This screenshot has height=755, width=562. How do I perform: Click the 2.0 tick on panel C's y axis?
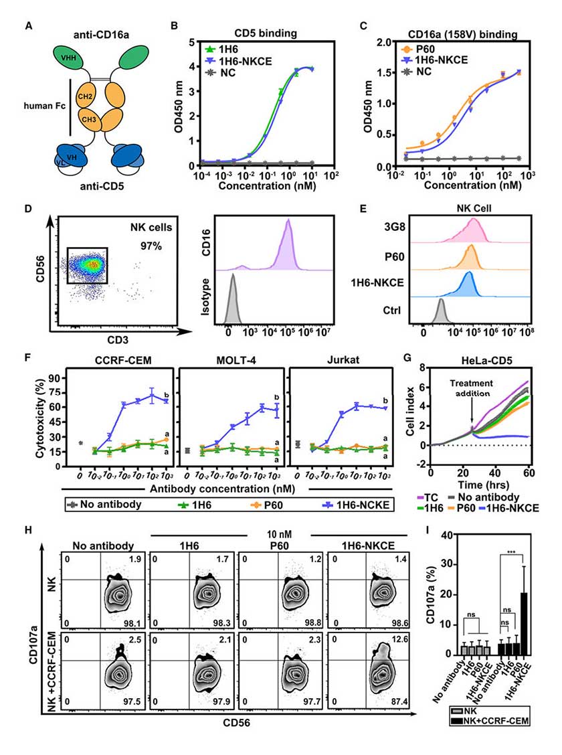click(386, 42)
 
